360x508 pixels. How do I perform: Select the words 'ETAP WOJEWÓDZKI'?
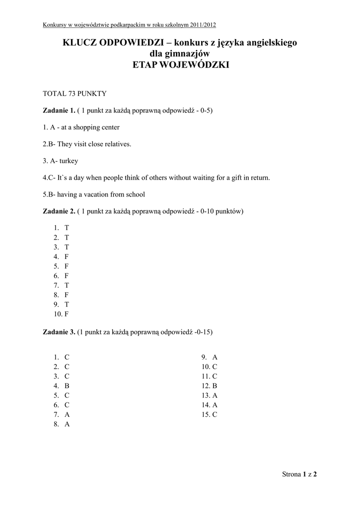(180, 65)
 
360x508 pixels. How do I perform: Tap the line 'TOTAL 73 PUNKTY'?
(74, 93)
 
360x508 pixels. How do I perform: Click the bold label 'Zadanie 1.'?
(59, 110)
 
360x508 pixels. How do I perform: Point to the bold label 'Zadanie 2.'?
(59, 211)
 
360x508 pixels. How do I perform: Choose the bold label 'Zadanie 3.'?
(59, 332)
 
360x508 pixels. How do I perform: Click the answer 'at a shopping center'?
(90, 127)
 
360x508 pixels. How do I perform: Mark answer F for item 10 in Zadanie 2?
(67, 314)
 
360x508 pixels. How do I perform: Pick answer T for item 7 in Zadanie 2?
(67, 285)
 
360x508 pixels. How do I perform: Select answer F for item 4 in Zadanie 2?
(67, 256)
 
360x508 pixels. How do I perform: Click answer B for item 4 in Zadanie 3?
(67, 386)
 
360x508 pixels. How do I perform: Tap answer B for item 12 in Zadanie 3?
(215, 386)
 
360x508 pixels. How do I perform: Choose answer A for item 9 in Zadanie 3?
(215, 357)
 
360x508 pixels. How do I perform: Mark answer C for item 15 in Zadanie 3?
(215, 415)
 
